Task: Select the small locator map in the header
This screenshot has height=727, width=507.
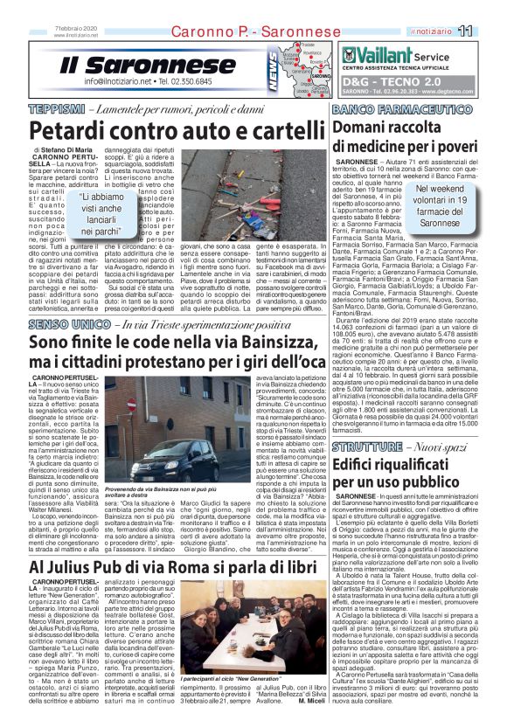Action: coord(309,66)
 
